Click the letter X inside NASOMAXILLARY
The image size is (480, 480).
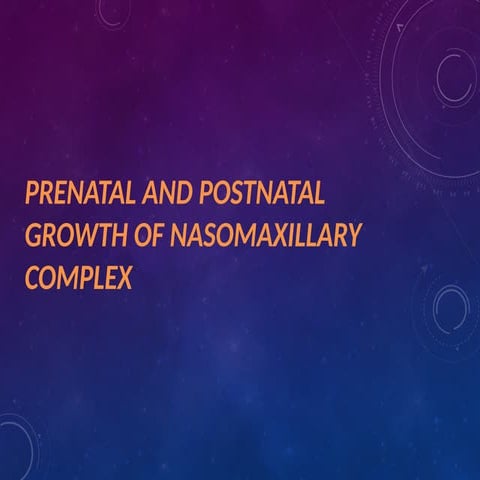click(262, 234)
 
